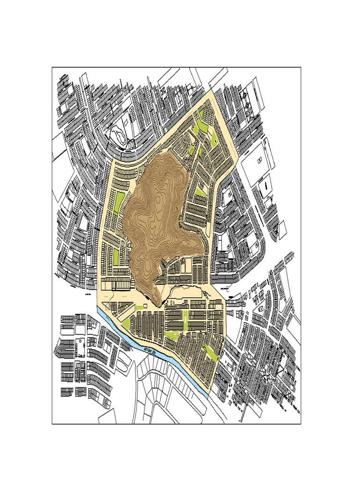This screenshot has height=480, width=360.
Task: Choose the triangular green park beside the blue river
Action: point(126,323)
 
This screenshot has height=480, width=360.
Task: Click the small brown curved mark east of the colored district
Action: point(227,289)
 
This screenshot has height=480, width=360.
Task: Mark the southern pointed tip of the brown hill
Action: point(161,304)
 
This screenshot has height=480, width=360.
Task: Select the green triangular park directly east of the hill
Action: point(201,192)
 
